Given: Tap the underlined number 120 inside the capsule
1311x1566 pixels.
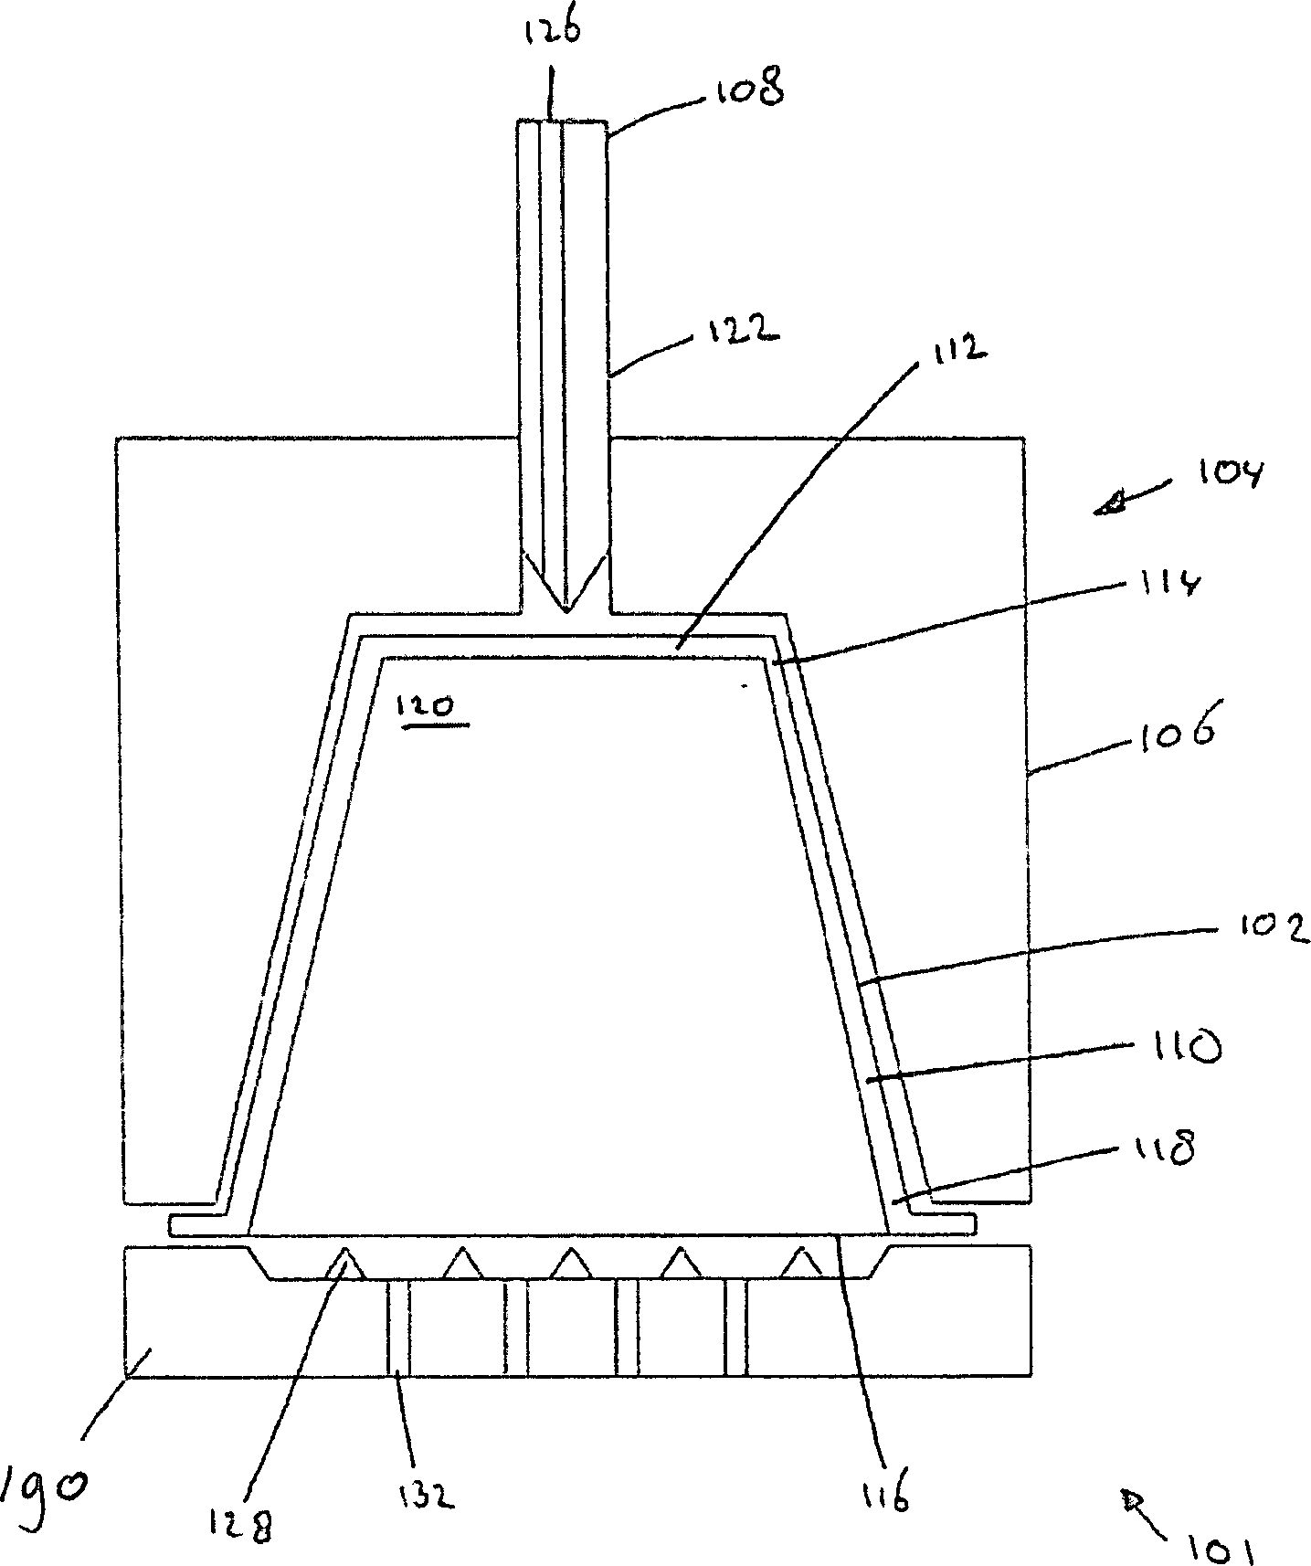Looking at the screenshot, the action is click(x=429, y=708).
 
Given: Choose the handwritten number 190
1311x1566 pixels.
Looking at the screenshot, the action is click(x=44, y=1485).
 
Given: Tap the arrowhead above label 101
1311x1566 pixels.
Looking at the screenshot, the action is click(x=1136, y=1497).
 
